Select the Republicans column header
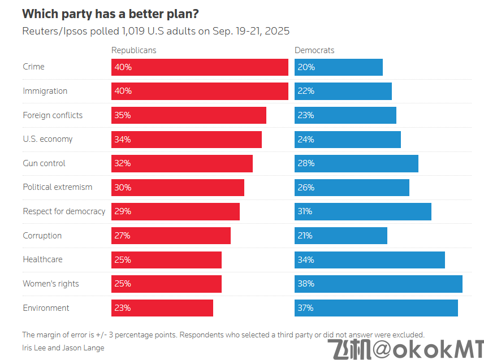click(x=133, y=50)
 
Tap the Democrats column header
click(x=314, y=50)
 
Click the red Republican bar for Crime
click(x=200, y=67)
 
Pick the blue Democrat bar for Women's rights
click(x=378, y=284)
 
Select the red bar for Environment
click(x=162, y=308)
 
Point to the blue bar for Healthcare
click(x=369, y=260)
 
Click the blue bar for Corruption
click(x=340, y=236)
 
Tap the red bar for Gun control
click(x=181, y=163)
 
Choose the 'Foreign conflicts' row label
click(x=53, y=115)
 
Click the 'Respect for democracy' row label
click(x=64, y=211)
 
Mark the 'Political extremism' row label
click(x=57, y=187)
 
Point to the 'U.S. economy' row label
click(x=47, y=139)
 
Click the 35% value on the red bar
click(x=123, y=115)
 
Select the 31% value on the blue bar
click(x=306, y=211)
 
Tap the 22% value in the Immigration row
click(x=306, y=91)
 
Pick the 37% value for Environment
click(x=306, y=308)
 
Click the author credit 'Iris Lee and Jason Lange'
click(x=63, y=348)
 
